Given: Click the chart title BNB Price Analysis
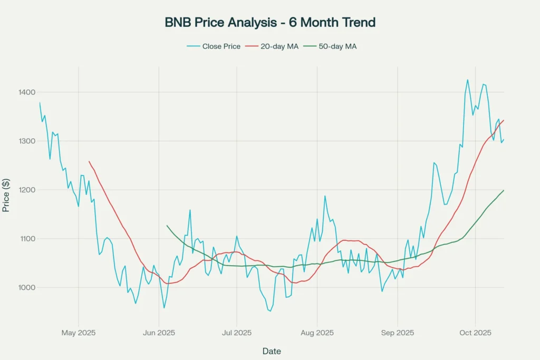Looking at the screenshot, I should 270,22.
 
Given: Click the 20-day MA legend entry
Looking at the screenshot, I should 279,46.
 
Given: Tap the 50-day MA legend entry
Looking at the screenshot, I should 337,46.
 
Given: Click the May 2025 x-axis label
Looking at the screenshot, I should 79,333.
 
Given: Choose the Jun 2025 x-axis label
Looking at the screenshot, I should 159,333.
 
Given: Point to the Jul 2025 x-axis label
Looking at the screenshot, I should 236,333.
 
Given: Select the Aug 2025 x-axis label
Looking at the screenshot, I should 317,333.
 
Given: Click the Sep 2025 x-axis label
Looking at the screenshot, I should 397,333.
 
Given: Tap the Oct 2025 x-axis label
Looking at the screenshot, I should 475,333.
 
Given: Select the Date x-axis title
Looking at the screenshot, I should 272,351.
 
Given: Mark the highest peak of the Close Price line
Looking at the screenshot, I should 467,80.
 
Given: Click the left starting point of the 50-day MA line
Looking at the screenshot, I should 167,226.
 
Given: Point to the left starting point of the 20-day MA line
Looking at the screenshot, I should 89,161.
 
